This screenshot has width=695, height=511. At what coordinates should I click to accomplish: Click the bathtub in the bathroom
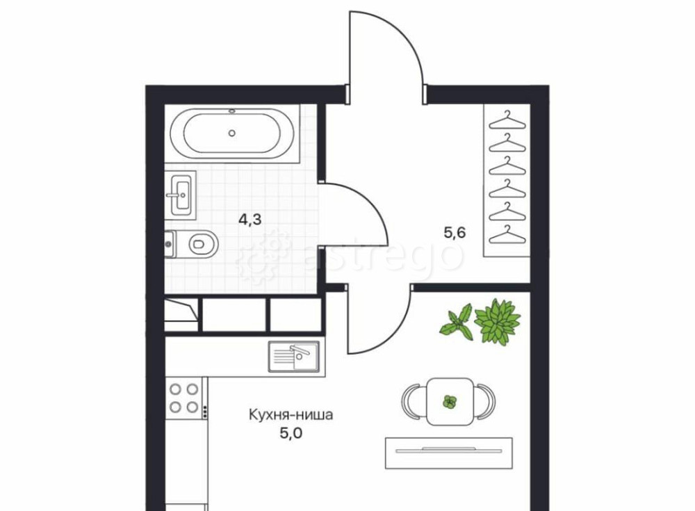[232, 133]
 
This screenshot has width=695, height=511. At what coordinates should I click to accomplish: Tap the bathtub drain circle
[232, 133]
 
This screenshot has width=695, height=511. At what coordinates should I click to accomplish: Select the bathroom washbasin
[181, 195]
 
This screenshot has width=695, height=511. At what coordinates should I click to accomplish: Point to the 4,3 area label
[250, 219]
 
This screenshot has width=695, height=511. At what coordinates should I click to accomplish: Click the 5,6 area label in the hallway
[455, 232]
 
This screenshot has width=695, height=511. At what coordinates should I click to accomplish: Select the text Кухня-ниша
[291, 415]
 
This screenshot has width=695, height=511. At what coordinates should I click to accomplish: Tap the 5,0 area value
[291, 432]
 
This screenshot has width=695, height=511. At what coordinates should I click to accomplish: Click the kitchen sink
[294, 357]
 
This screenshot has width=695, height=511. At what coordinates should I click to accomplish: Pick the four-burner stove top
[184, 398]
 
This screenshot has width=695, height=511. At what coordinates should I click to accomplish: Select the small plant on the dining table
[450, 402]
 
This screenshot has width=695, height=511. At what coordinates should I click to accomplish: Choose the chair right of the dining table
[485, 401]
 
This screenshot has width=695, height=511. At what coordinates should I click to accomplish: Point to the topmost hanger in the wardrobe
[507, 121]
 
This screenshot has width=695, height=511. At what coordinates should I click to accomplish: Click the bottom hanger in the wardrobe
[507, 235]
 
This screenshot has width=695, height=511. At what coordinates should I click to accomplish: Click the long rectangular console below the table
[449, 453]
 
